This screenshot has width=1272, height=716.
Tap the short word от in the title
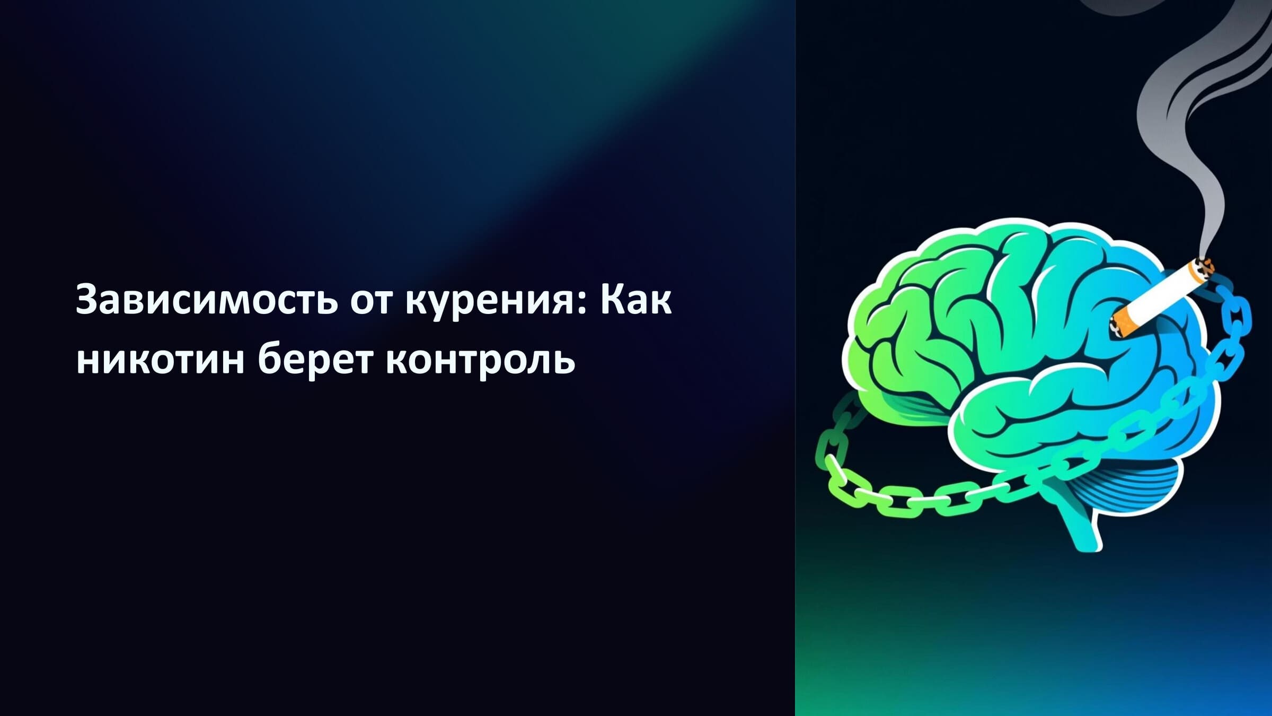click(x=371, y=301)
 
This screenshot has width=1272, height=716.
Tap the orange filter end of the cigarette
click(x=1123, y=324)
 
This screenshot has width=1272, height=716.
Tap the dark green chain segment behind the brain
click(x=843, y=419)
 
